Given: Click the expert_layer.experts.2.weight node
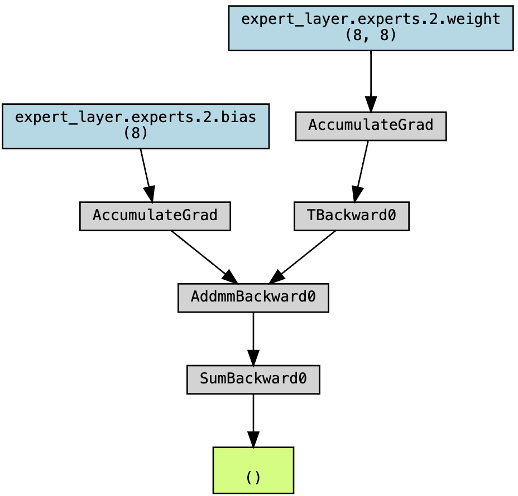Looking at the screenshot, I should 370,28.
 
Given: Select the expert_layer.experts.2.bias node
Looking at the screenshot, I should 136,126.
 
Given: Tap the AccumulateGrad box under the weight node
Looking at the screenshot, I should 370,126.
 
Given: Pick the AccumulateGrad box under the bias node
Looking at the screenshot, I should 155,216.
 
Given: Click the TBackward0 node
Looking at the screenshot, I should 351,216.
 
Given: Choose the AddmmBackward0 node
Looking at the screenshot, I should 253,298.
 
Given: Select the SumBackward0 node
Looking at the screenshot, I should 253,380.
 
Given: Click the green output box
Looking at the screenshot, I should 253,470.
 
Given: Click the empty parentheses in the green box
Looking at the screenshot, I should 253,478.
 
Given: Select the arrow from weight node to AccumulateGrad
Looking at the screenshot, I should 370,78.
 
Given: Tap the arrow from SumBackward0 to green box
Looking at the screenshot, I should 253,418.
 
